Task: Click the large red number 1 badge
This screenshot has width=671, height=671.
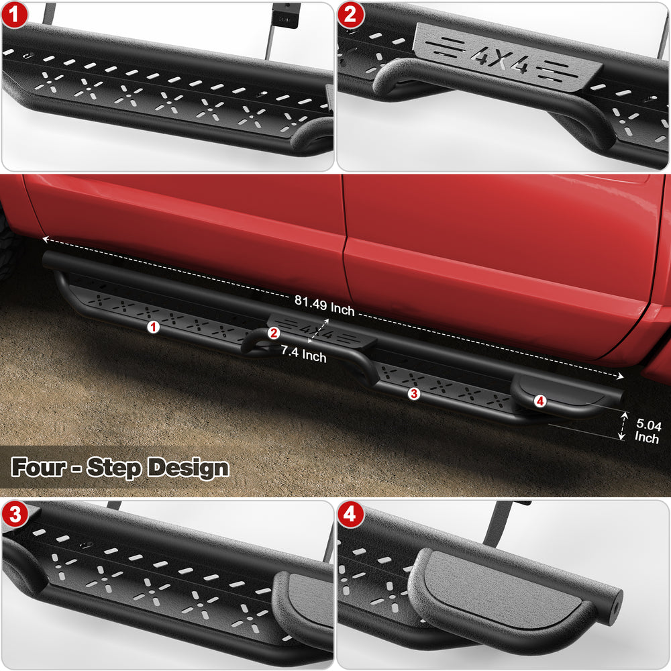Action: [x=14, y=15]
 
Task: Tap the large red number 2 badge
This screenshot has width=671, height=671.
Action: [x=350, y=15]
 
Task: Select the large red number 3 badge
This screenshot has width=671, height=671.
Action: [x=15, y=514]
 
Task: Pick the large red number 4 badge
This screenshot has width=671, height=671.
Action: [x=350, y=514]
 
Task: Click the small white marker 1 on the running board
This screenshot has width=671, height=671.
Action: [x=153, y=327]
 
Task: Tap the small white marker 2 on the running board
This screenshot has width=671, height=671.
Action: [x=274, y=333]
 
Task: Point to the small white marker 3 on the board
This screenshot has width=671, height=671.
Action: [x=414, y=393]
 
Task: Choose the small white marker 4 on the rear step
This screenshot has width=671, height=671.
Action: [x=540, y=401]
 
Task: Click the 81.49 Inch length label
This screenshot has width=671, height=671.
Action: [x=324, y=305]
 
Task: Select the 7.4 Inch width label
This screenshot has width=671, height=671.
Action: [x=303, y=354]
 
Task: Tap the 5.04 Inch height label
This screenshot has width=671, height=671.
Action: [x=648, y=431]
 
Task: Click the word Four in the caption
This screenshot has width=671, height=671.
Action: [x=38, y=467]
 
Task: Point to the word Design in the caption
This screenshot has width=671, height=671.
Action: [x=188, y=468]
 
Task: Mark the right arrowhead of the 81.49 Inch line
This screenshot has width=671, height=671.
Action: [x=620, y=376]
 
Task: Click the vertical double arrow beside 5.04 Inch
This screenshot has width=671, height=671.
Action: [x=623, y=426]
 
